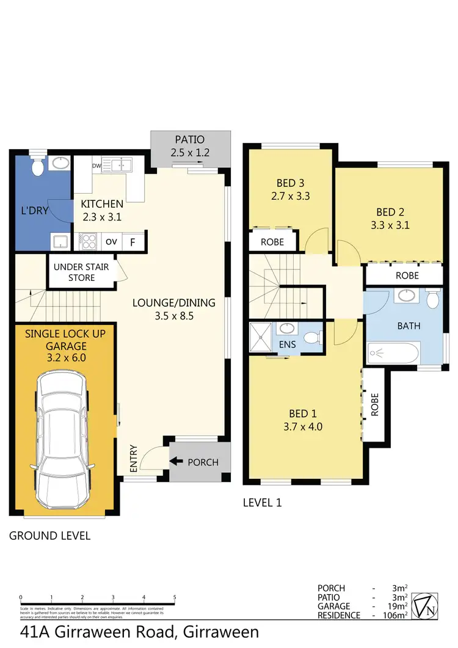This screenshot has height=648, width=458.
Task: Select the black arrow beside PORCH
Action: pos(177,462)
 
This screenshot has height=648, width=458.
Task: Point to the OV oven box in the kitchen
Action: pos(111,241)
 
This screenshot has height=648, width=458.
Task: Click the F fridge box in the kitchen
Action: pos(133,241)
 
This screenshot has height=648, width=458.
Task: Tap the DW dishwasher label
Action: pos(96,165)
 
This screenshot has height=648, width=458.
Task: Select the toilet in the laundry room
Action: pos(38,166)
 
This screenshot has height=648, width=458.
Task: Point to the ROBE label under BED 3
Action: pos(272,242)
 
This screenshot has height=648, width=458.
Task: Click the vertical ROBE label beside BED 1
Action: pos(375,404)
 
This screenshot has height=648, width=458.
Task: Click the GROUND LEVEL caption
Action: pos(49,536)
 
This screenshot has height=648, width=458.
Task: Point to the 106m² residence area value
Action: pos(394,616)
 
